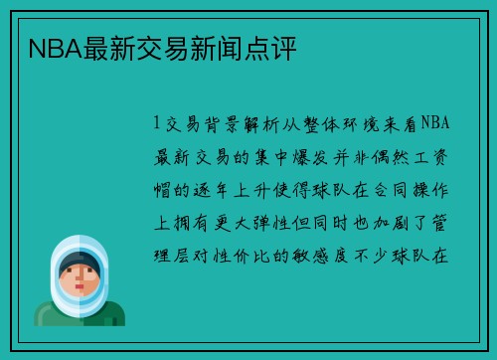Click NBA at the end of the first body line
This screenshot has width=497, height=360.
click(436, 123)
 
